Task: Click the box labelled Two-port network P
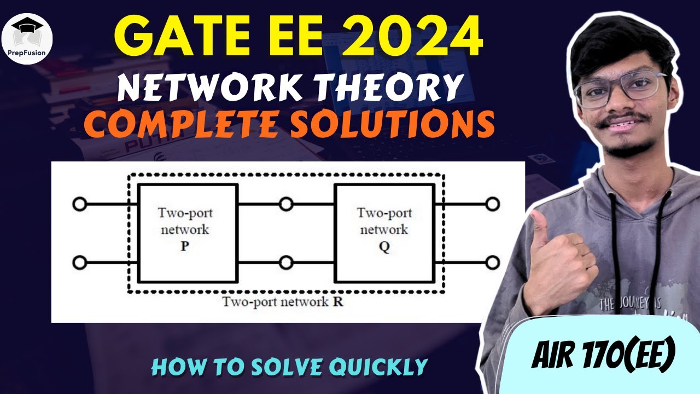(187, 233)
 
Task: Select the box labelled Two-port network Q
(384, 233)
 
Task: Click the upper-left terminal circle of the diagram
(79, 205)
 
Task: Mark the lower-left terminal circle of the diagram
(79, 263)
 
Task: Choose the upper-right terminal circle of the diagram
(493, 205)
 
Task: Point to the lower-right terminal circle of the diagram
(493, 263)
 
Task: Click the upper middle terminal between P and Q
(285, 205)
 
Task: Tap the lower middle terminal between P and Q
(285, 263)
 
